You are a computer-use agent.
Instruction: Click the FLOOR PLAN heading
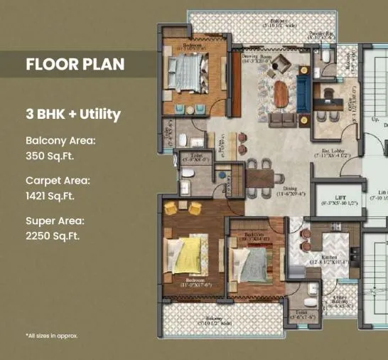[75, 64]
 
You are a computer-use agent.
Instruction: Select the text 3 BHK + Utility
[73, 114]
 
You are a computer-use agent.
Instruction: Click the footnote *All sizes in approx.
[52, 335]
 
